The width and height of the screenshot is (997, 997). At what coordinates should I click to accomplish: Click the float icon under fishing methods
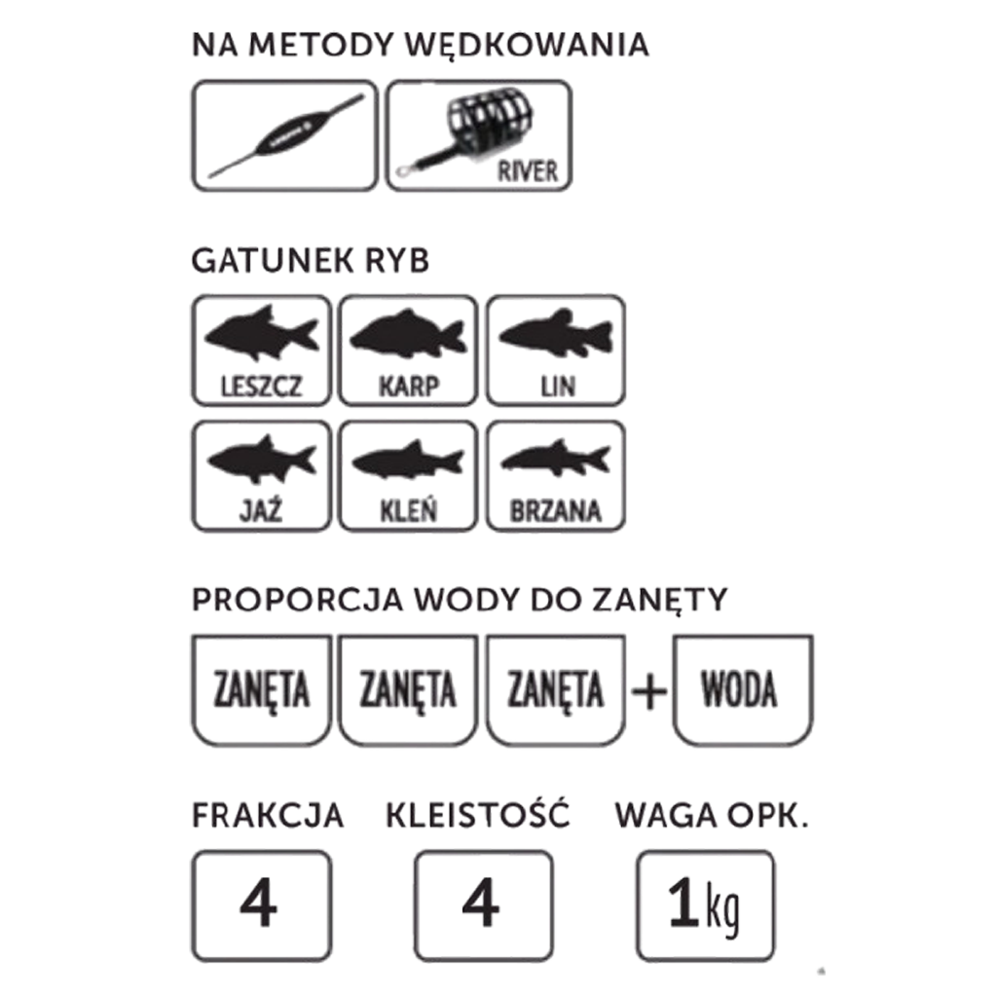pyautogui.click(x=285, y=135)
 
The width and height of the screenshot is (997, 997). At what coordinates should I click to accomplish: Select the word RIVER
pyautogui.click(x=527, y=171)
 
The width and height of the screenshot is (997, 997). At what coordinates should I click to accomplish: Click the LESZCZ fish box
pyautogui.click(x=261, y=351)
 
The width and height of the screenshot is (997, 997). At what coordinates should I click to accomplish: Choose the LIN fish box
pyautogui.click(x=556, y=351)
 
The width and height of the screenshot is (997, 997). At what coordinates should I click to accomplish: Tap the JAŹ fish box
pyautogui.click(x=261, y=475)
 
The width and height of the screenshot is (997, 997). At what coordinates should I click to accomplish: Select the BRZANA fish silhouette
pyautogui.click(x=556, y=459)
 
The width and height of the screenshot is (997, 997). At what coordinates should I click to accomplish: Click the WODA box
pyautogui.click(x=743, y=690)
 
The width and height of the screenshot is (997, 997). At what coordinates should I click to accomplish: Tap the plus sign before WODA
pyautogui.click(x=649, y=691)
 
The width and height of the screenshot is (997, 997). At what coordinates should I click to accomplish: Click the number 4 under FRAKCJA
pyautogui.click(x=258, y=903)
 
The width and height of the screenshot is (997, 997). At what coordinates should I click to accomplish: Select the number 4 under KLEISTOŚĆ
pyautogui.click(x=481, y=903)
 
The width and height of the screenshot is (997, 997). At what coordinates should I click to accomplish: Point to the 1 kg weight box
pyautogui.click(x=705, y=906)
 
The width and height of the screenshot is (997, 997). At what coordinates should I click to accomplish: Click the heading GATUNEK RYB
pyautogui.click(x=311, y=261)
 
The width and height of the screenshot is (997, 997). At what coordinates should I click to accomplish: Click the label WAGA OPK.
pyautogui.click(x=712, y=816)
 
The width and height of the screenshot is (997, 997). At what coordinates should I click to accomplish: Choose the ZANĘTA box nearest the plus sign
pyautogui.click(x=556, y=690)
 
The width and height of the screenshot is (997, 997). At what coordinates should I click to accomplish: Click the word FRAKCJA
pyautogui.click(x=268, y=816)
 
